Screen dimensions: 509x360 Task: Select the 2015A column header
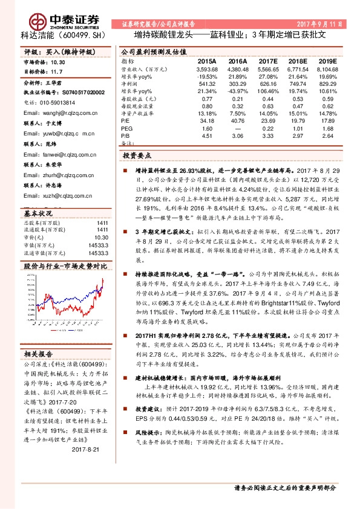pos(207,62)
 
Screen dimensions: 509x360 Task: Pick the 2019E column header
pos(326,62)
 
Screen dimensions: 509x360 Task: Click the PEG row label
pos(126,128)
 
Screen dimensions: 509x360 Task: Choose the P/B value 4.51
pos(207,135)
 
